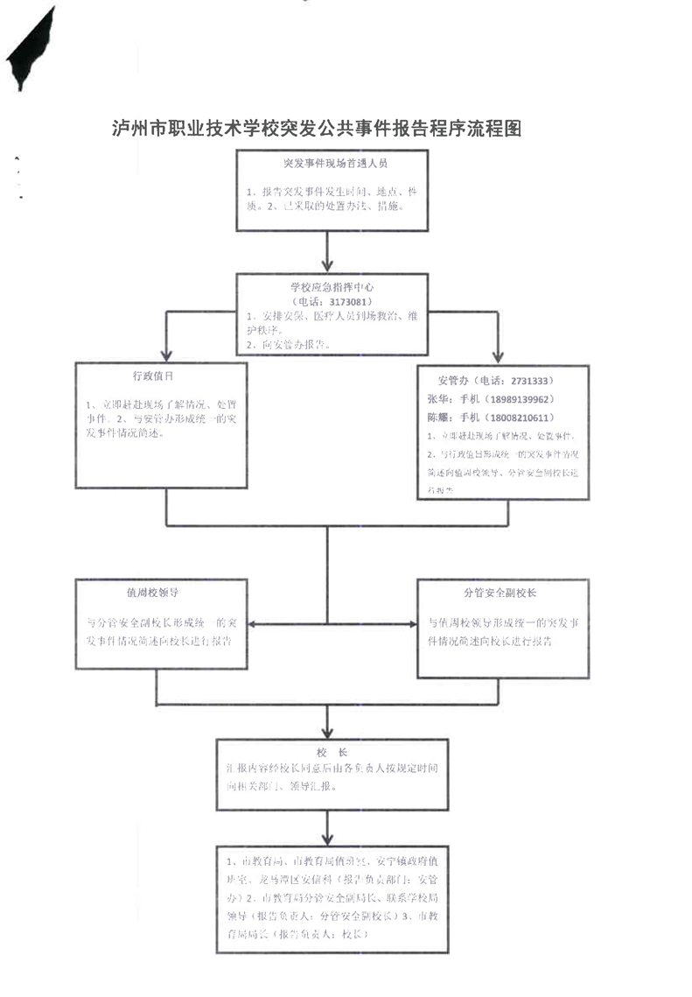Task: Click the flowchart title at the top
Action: [318, 130]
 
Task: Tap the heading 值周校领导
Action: [153, 593]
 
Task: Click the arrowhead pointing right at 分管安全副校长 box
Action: [410, 625]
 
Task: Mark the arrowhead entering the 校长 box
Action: [327, 732]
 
